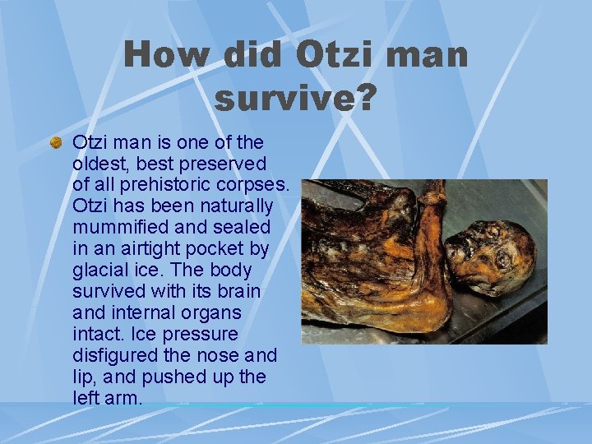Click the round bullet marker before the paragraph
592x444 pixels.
[x=56, y=142]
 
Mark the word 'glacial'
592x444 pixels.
[x=100, y=270]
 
